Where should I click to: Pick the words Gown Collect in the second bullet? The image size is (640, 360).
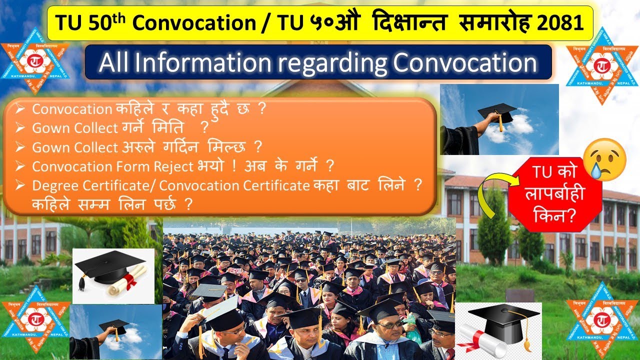[75, 128]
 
